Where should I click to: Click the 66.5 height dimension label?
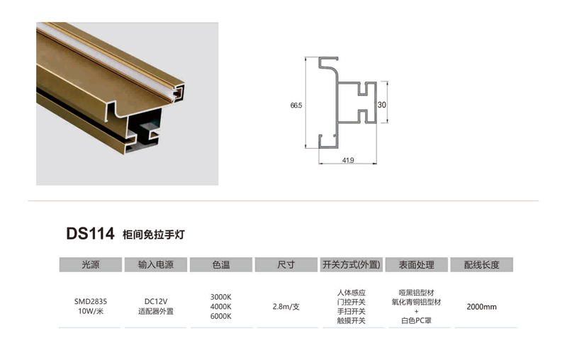pyautogui.click(x=296, y=105)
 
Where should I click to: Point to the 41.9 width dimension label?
pyautogui.click(x=348, y=160)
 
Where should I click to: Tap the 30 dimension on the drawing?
pyautogui.click(x=381, y=105)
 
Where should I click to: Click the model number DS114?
pyautogui.click(x=90, y=233)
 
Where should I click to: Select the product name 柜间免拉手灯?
pyautogui.click(x=154, y=235)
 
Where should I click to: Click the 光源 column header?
pyautogui.click(x=91, y=264)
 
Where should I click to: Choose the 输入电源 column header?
pyautogui.click(x=156, y=264)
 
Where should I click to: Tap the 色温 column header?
pyautogui.click(x=221, y=264)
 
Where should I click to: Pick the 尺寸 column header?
pyautogui.click(x=286, y=264)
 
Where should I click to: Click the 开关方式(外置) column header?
pyautogui.click(x=351, y=264)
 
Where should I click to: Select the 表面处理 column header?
pyautogui.click(x=417, y=264)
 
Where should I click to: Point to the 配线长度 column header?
pyautogui.click(x=482, y=264)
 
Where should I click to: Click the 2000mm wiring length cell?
pyautogui.click(x=482, y=307)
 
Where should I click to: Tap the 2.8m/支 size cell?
pyautogui.click(x=286, y=307)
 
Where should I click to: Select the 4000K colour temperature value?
pyautogui.click(x=221, y=307)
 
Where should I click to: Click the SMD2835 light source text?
pyautogui.click(x=91, y=301)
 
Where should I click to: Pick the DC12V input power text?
pyautogui.click(x=156, y=301)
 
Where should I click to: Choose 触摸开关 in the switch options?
pyautogui.click(x=351, y=320)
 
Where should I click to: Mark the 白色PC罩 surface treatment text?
pyautogui.click(x=417, y=320)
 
